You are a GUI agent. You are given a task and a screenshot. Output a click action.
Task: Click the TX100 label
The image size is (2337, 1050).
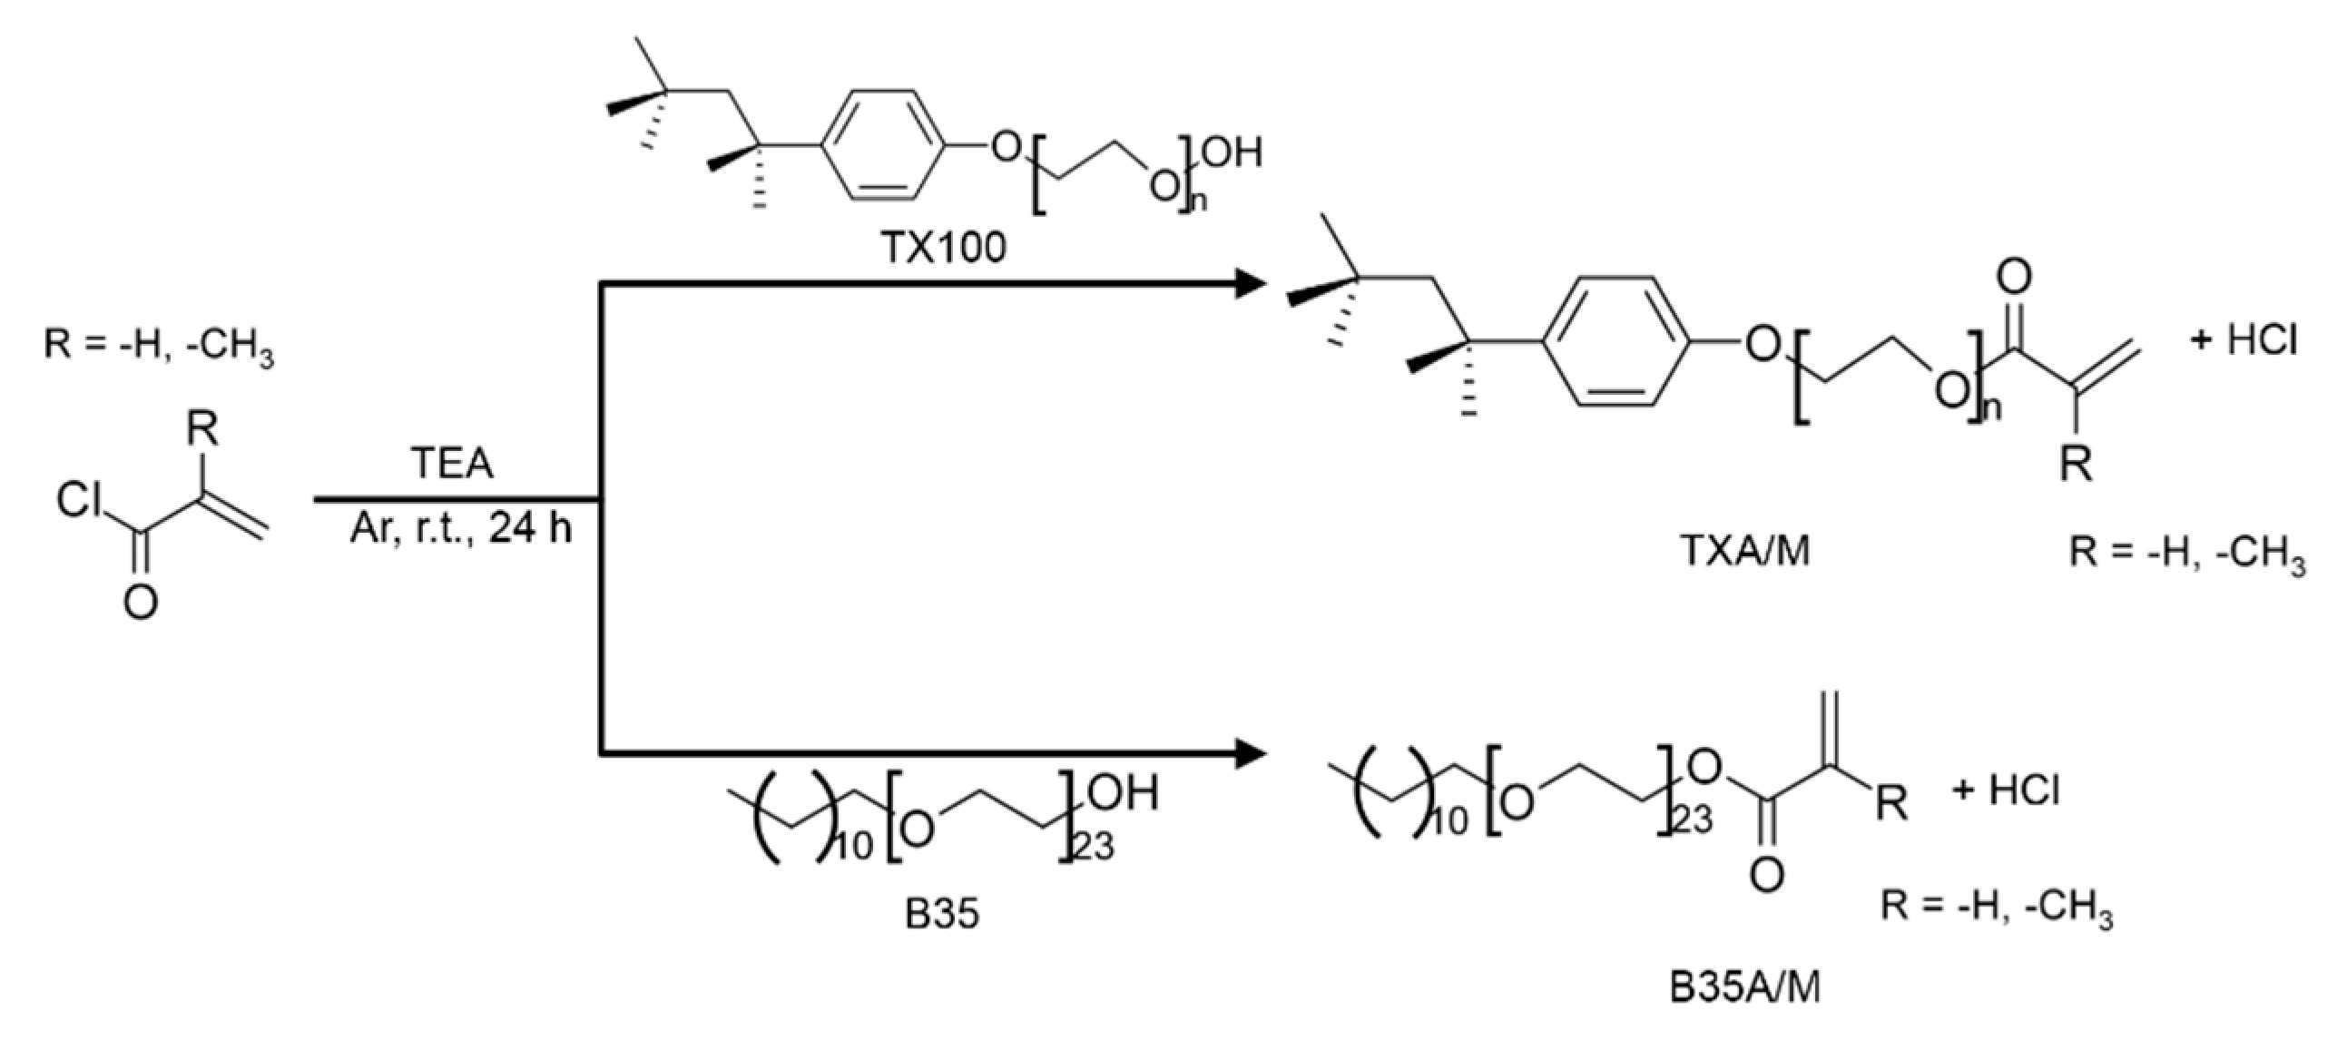point(944,246)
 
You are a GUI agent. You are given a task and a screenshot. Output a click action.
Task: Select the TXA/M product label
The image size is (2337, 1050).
point(1745,551)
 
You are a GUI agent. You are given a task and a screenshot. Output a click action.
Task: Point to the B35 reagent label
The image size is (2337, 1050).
point(942,914)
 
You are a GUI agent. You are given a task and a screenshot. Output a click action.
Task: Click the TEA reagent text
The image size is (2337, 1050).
point(452,464)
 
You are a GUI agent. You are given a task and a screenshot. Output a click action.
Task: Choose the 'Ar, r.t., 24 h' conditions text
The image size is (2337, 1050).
point(461,528)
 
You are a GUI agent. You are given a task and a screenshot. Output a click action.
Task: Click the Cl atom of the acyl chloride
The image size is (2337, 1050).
point(80,499)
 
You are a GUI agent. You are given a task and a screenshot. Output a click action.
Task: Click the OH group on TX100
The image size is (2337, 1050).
point(1232,152)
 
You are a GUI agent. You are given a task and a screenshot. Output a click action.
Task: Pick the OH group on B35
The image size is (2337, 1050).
point(1124,793)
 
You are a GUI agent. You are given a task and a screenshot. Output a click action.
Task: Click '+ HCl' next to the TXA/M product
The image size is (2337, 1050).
point(2244,340)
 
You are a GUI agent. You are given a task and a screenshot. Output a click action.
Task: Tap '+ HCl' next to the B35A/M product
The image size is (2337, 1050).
point(2006,790)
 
